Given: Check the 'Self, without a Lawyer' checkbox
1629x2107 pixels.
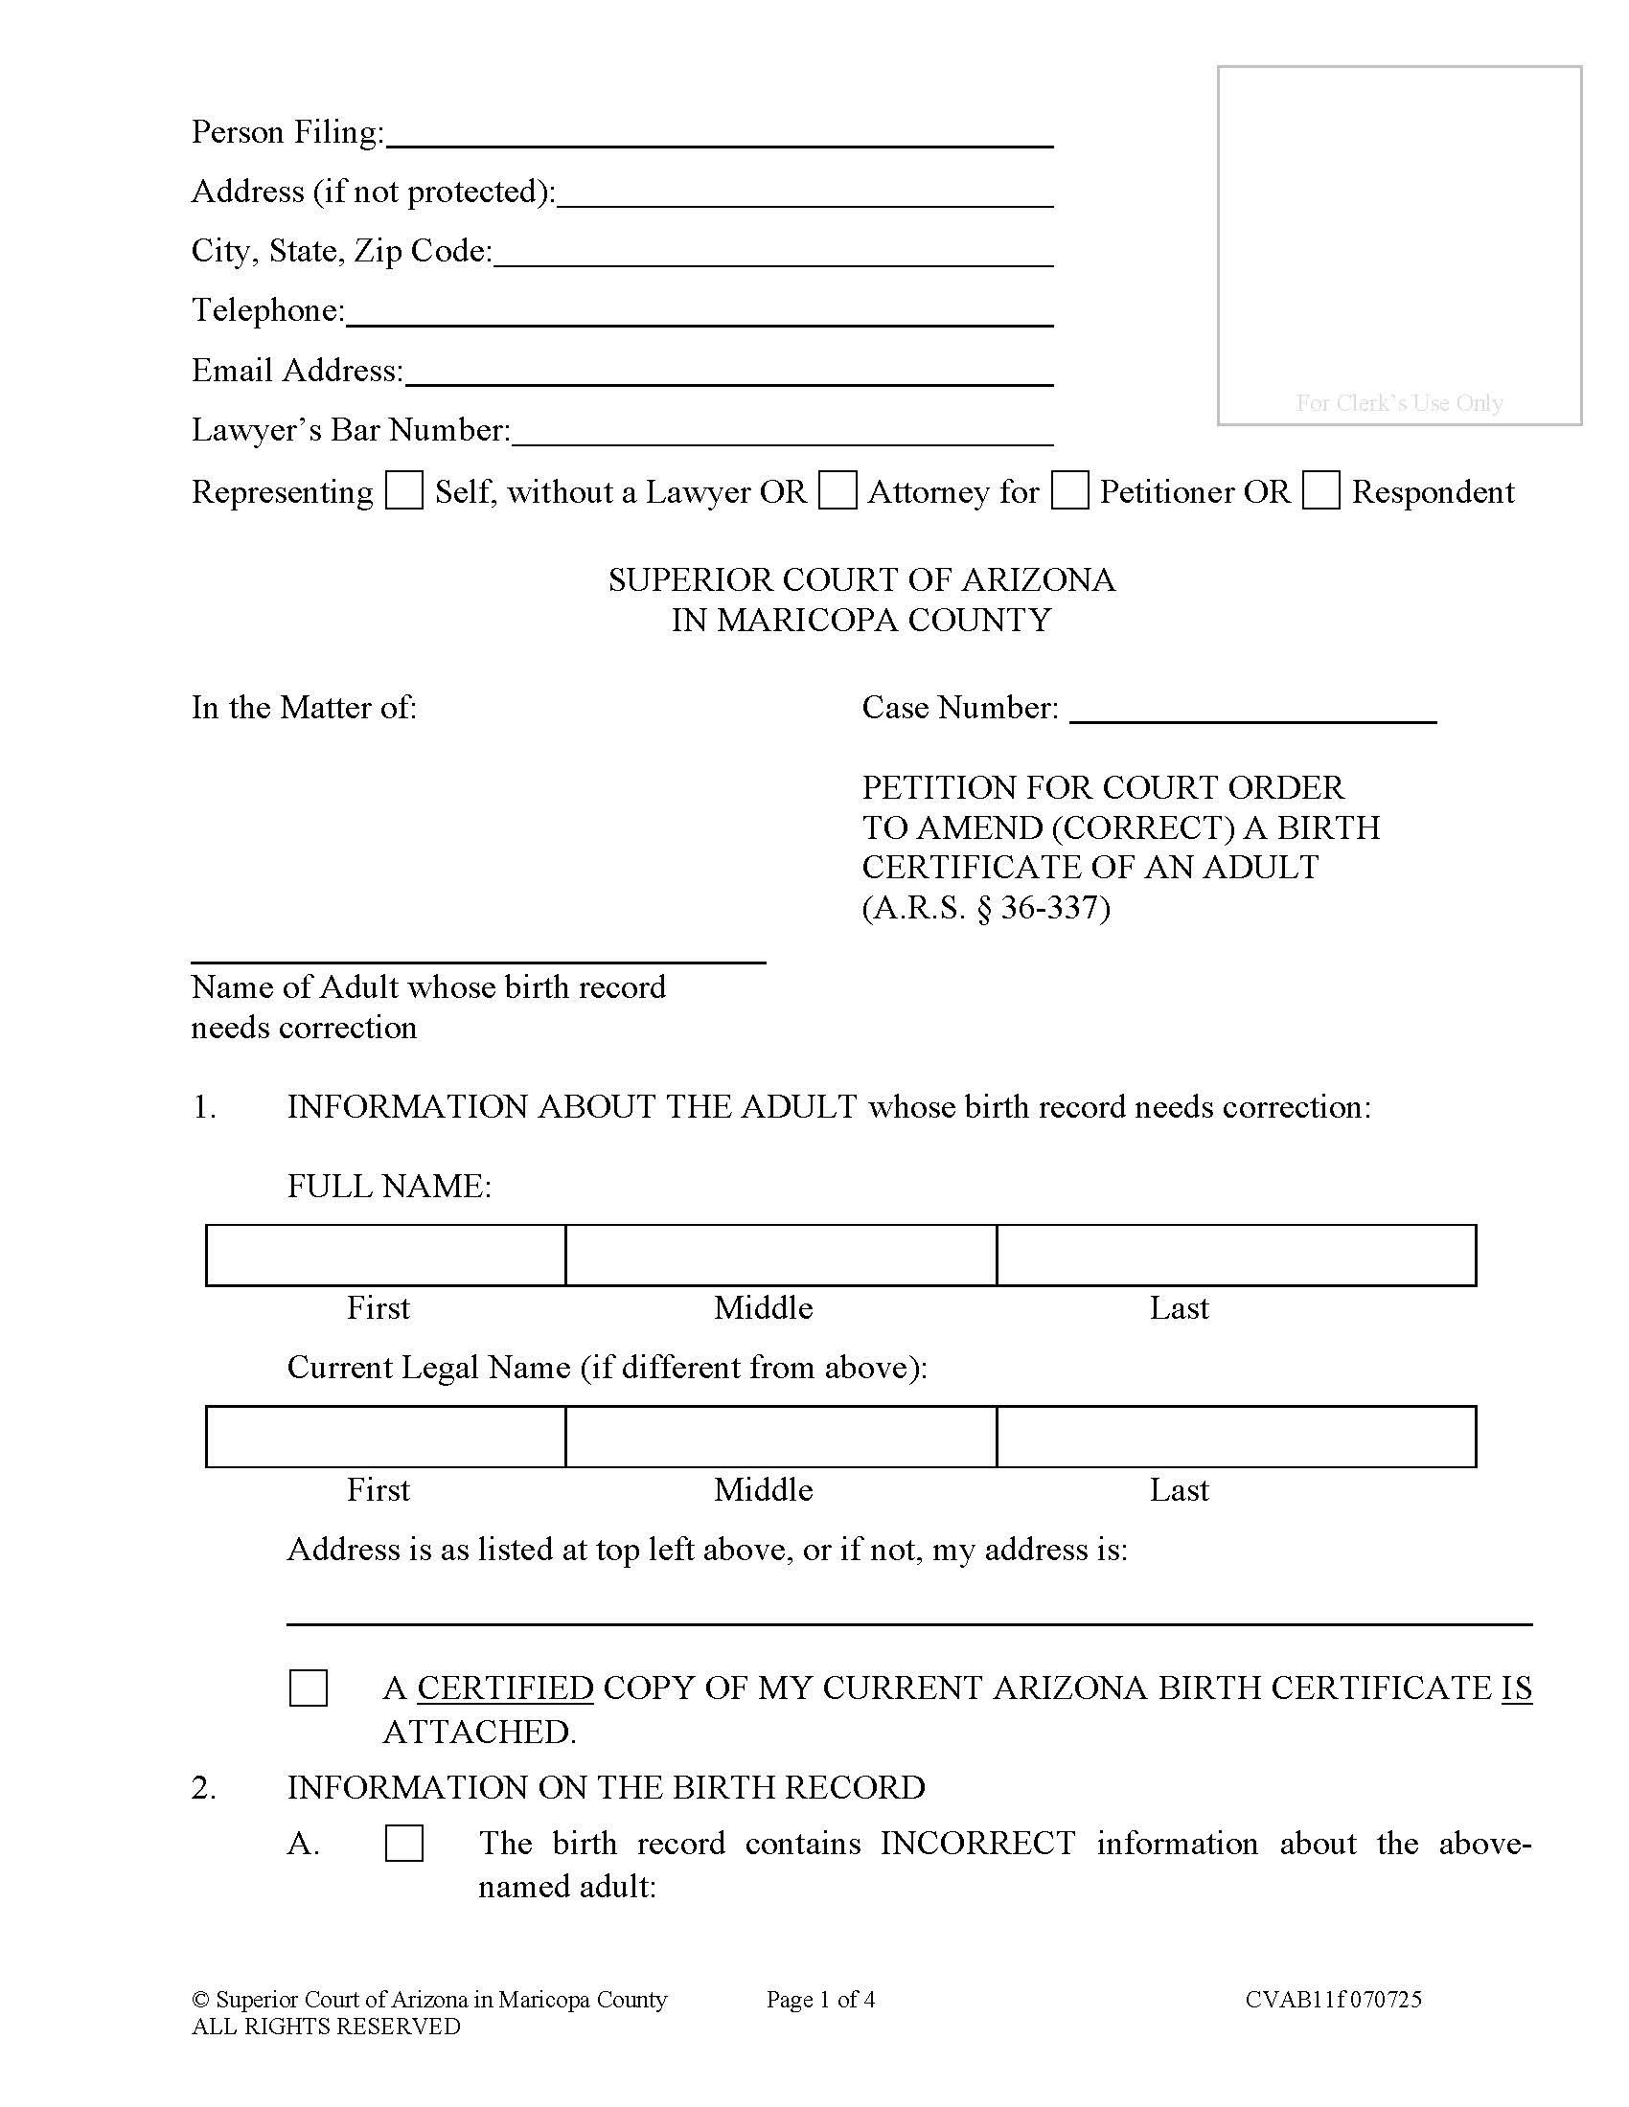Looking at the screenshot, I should coord(403,490).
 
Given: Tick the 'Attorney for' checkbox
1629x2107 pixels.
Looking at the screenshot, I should coord(837,490).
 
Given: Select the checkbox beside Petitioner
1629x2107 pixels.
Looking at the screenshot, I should coord(1069,490).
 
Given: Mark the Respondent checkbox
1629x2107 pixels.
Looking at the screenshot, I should coord(1320,490).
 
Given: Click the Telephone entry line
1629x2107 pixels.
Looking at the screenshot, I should coord(699,313).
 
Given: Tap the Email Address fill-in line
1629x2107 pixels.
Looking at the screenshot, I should coord(728,374).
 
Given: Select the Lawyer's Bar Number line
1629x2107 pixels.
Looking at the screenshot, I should coord(782,433).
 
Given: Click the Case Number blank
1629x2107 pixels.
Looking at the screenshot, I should coord(1252,710).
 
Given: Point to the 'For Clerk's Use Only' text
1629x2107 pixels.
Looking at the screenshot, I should coord(1398,402).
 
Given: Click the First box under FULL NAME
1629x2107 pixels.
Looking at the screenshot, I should coord(386,1256).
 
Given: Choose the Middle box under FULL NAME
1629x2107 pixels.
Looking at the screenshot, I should coord(781,1256).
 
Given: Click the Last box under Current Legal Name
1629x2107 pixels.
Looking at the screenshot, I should coord(1235,1437).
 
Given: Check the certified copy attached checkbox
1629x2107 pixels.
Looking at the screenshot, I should coord(308,1688).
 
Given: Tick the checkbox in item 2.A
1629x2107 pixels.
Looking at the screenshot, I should coord(403,1843).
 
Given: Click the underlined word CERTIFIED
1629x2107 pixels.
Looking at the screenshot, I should coord(505,1688).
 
